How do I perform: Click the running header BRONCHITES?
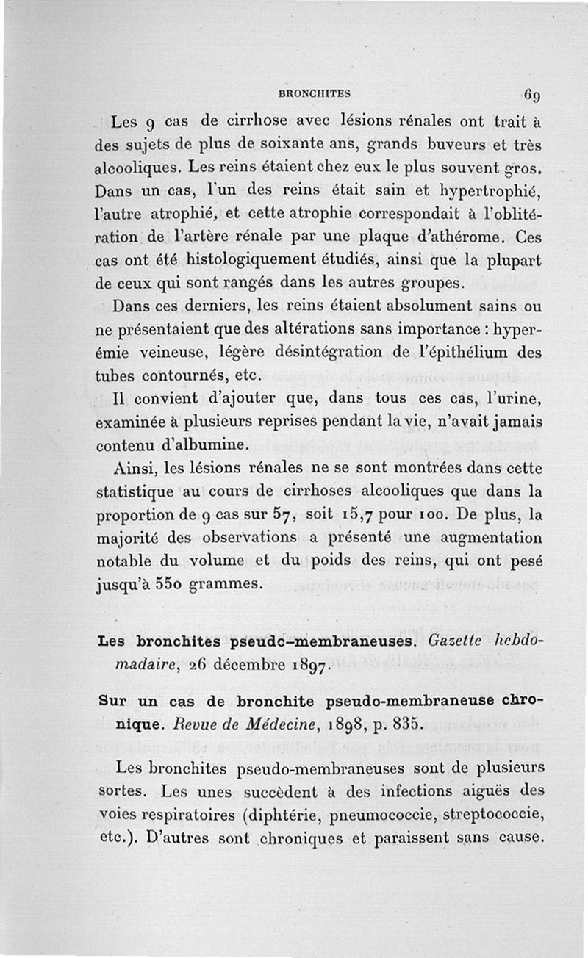point(314,93)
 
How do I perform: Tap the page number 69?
point(533,94)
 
